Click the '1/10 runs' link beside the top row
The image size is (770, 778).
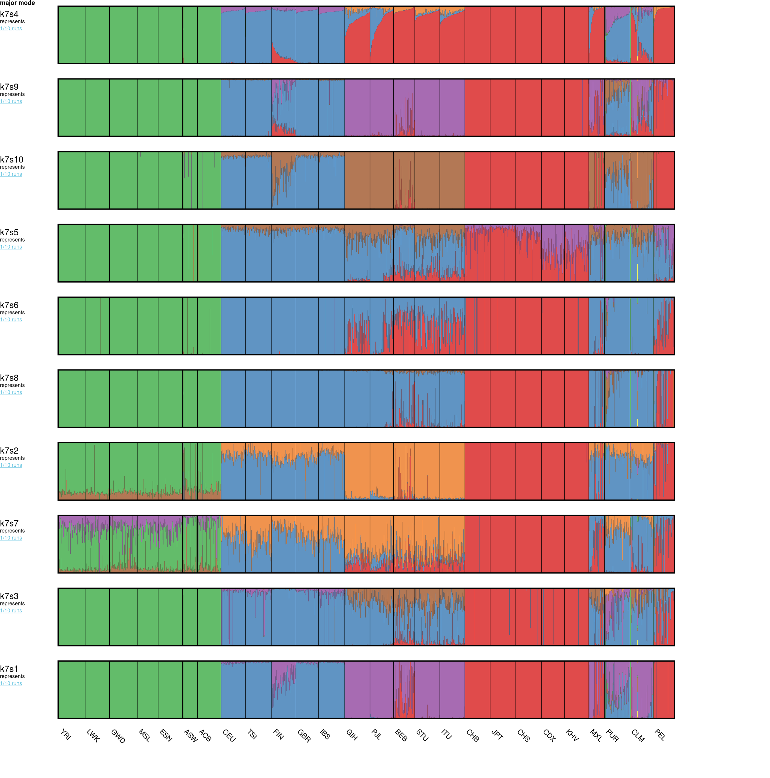pos(11,28)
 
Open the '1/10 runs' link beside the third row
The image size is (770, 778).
pos(11,174)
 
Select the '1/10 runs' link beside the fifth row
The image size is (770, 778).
pos(11,319)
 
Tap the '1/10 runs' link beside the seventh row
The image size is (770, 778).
pos(11,465)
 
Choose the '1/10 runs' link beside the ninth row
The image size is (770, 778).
pos(11,611)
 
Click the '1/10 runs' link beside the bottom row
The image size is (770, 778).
pos(11,683)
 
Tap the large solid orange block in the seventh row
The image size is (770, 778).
pos(427,469)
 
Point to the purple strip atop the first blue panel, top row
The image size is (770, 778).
pos(233,10)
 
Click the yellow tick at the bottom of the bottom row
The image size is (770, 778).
pos(637,714)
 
